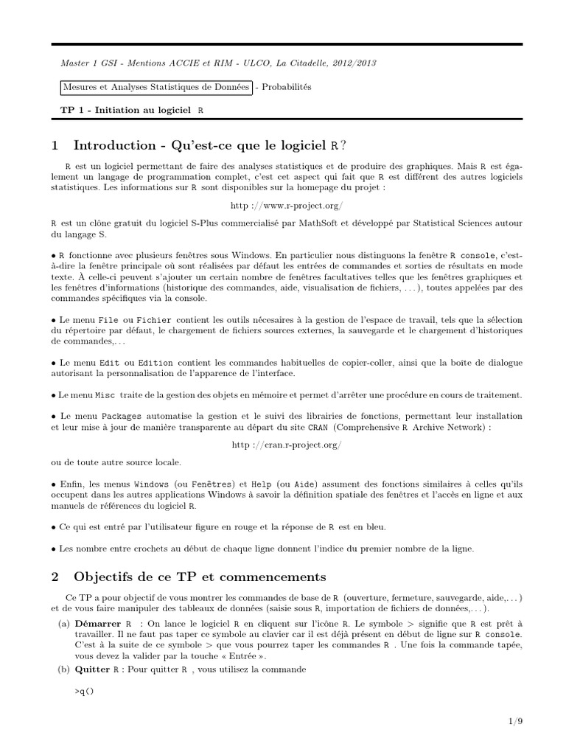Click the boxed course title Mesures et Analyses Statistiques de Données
(156, 87)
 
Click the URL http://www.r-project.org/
(287, 203)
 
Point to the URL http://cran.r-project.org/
(287, 445)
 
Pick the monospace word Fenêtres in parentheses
(207, 482)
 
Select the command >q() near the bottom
(85, 692)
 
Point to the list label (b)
(64, 669)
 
